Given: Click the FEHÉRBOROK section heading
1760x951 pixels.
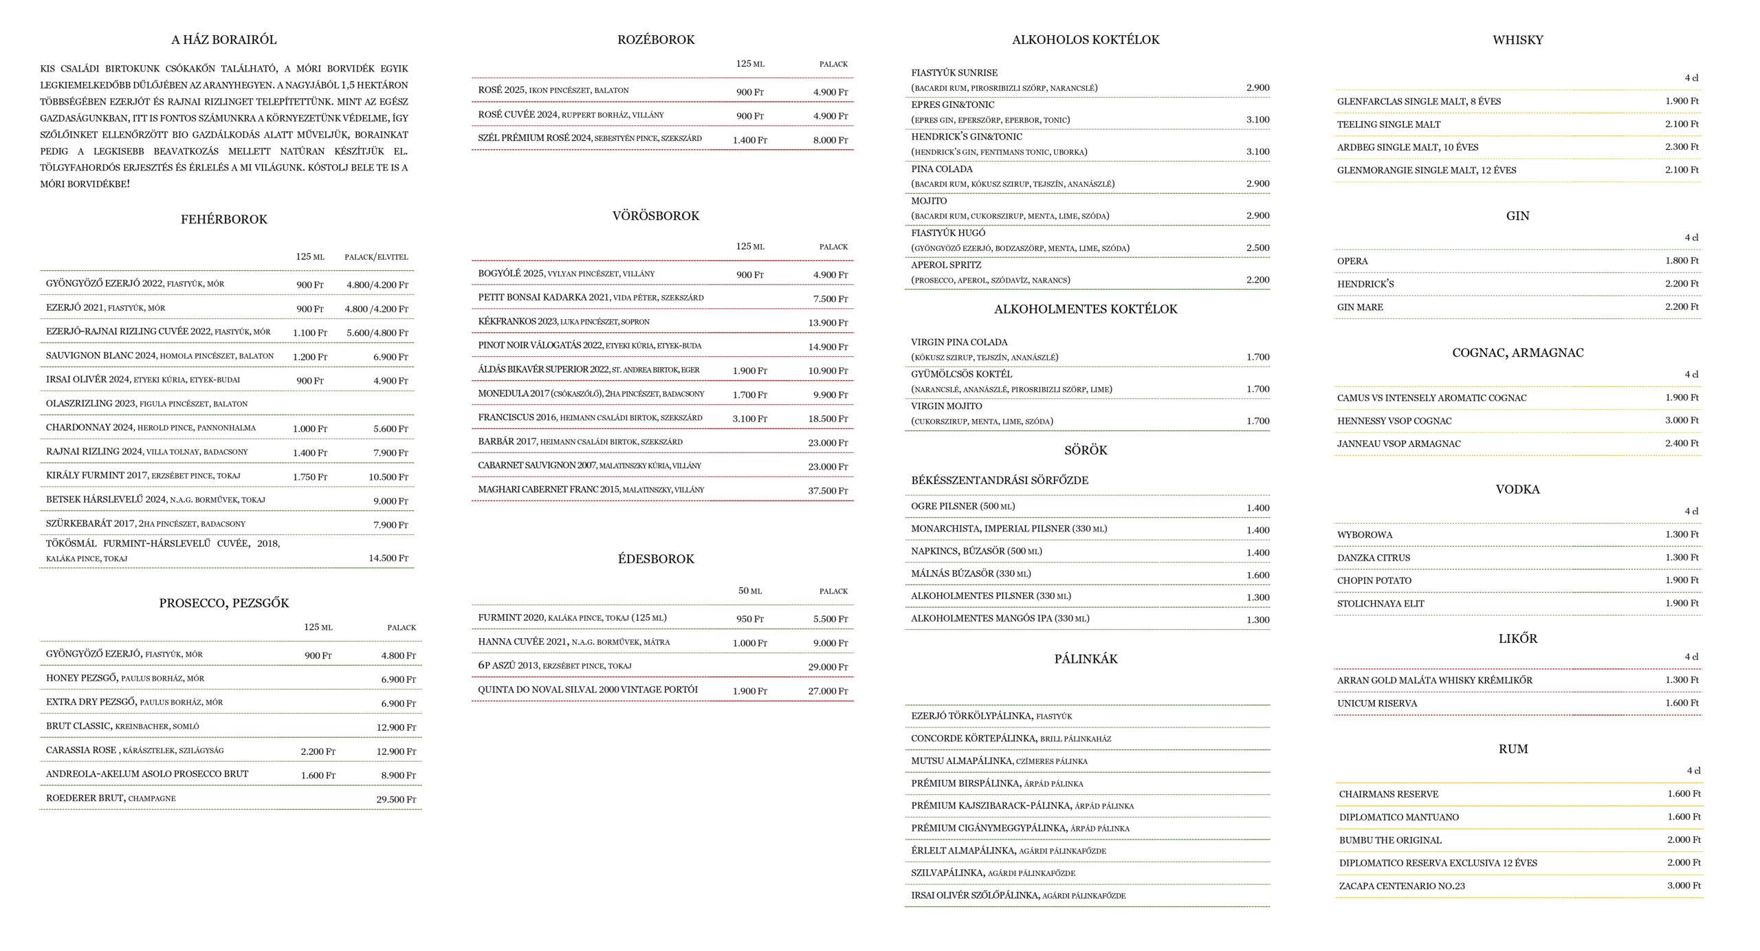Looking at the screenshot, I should click(x=223, y=219).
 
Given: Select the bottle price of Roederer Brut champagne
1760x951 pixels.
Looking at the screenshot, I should click(x=396, y=799).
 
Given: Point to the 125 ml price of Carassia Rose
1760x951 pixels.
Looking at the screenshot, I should click(x=318, y=751).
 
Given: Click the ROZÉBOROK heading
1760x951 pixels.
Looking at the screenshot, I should click(x=656, y=40).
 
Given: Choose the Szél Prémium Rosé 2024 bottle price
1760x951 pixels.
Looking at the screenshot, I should click(x=830, y=140).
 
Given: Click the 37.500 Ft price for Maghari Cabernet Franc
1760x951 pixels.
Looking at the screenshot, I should click(x=828, y=490).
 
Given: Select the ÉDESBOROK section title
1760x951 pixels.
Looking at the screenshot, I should click(x=656, y=559).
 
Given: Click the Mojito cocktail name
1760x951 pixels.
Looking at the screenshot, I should click(x=929, y=201).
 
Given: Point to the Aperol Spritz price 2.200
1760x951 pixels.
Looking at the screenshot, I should click(x=1257, y=280).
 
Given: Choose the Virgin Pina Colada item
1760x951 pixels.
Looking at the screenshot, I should click(x=959, y=342).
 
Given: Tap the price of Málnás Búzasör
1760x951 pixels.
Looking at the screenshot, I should click(x=1257, y=575).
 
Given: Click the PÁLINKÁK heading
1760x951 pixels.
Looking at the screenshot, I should click(x=1086, y=659).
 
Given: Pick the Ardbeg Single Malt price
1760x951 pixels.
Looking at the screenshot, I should click(x=1682, y=146).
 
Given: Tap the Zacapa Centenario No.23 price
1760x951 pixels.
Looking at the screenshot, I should click(x=1684, y=885).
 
